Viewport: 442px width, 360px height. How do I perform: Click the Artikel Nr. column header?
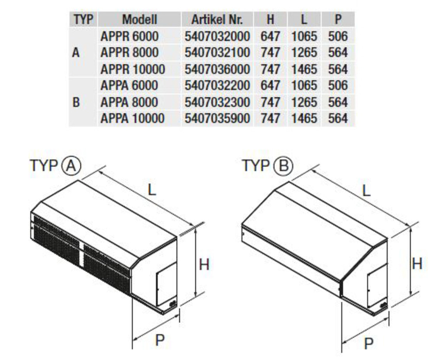[217, 19]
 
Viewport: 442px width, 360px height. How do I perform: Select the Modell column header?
[140, 19]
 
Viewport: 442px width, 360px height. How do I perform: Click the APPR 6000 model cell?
[130, 36]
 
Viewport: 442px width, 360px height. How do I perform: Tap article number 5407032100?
[217, 53]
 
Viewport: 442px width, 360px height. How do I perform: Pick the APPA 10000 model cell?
[133, 118]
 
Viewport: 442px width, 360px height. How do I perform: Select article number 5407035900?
[217, 118]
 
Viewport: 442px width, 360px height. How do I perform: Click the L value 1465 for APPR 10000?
[304, 69]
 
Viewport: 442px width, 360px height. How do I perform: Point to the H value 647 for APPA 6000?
[271, 85]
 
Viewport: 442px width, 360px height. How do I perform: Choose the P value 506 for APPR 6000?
[338, 36]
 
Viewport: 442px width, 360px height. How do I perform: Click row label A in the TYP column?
[76, 53]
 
